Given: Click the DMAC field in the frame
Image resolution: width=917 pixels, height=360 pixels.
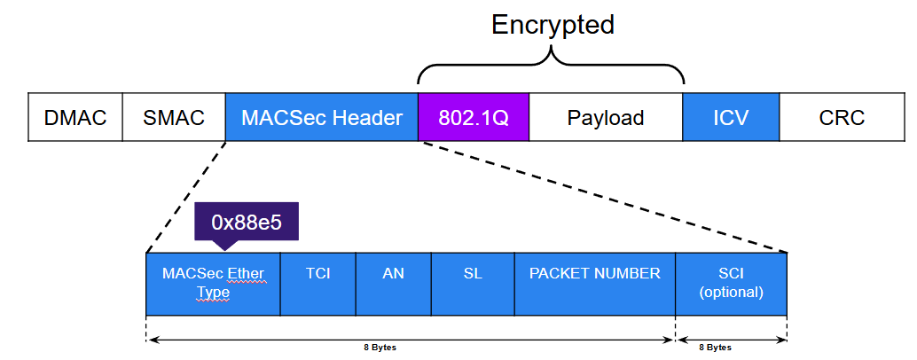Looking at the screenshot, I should (74, 117).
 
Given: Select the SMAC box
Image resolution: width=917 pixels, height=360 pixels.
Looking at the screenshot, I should (174, 117).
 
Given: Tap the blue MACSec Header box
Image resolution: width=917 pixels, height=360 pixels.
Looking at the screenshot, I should (321, 117).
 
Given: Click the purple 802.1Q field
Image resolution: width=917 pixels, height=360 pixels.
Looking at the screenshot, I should (473, 117).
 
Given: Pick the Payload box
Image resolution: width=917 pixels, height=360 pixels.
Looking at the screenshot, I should (606, 117).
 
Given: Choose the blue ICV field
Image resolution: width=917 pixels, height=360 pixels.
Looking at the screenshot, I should (731, 117).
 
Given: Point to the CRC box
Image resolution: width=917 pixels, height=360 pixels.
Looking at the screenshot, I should (841, 117).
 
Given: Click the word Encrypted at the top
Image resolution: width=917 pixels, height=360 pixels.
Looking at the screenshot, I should (553, 24).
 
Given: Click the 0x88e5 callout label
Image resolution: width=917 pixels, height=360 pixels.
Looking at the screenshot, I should (247, 222).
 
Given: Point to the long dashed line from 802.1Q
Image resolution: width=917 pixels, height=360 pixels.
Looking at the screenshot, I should (603, 197).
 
